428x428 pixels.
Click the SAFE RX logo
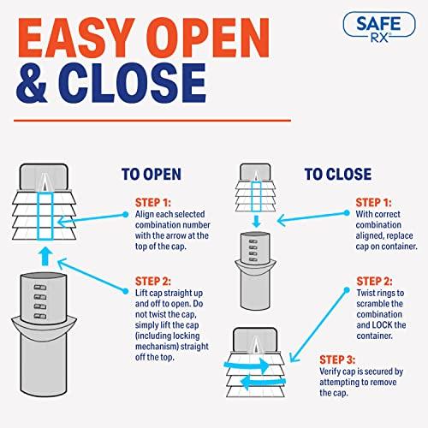click(379, 27)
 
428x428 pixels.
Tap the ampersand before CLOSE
click(32, 83)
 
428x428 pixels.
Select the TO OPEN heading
click(152, 174)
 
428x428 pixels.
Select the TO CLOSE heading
click(338, 174)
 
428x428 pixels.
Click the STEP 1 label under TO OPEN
click(153, 203)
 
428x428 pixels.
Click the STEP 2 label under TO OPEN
click(153, 282)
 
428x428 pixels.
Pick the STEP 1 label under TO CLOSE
click(373, 203)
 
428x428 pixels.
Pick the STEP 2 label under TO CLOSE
click(374, 282)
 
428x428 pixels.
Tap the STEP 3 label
click(337, 360)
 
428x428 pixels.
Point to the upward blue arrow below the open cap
click(45, 257)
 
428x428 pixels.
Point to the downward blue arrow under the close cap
click(256, 222)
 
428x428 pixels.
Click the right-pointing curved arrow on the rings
click(247, 366)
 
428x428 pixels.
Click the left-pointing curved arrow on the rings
click(263, 382)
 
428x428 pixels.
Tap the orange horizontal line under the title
click(152, 121)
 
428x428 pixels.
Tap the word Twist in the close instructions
click(366, 293)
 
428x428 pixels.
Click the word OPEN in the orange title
click(208, 38)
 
